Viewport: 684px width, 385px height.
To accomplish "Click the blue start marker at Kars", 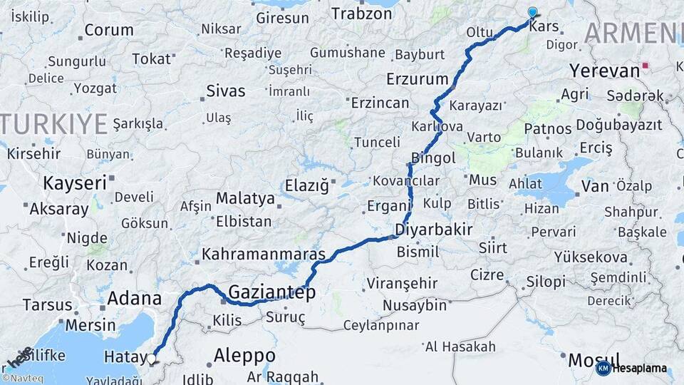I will point(532,12).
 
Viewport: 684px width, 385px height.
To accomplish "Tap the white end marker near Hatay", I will point(151,359).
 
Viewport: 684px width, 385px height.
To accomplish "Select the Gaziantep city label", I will point(271,292).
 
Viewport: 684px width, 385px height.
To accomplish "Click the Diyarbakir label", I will point(434,230).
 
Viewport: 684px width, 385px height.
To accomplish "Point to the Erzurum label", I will point(417,78).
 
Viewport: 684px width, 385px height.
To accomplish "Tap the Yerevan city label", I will point(605,71).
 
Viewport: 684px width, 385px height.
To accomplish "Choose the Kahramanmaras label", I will point(264,254).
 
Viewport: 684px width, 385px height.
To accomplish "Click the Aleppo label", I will point(244,355).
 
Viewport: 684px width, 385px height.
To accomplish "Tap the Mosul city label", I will point(584,360).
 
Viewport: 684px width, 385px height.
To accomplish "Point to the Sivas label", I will point(225,91).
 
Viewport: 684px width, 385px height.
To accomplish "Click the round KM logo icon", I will point(603,368).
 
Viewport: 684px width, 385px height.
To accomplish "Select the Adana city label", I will point(133,298).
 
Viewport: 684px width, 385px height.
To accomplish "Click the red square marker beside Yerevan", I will point(646,66).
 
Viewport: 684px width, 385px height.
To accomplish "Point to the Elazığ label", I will point(306,186).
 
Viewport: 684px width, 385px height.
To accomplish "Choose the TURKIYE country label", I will point(53,123).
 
